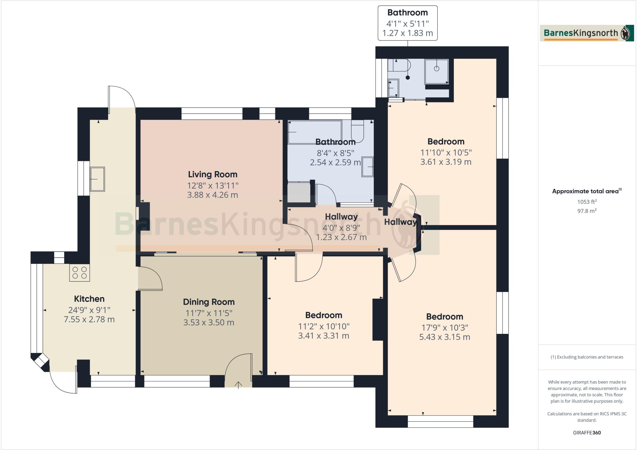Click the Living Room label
212,174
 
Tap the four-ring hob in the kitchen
80,273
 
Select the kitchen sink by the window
97,179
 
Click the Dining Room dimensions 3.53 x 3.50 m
208,322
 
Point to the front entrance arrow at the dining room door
238,385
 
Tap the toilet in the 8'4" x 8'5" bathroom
357,131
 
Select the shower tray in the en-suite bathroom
437,71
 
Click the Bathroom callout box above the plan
407,23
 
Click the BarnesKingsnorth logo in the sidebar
587,33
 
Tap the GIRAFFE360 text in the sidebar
587,433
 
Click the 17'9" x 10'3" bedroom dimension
444,327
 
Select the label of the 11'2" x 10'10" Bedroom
323,315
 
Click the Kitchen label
89,299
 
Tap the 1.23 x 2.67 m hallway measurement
341,237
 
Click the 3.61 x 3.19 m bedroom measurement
446,162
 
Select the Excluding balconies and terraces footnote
587,357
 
